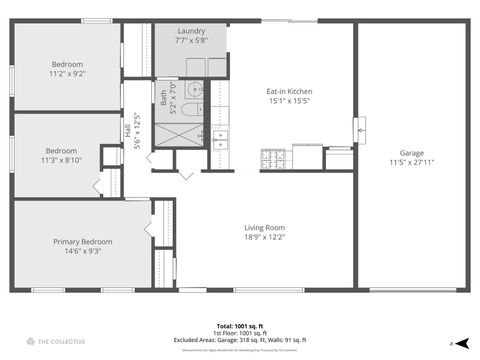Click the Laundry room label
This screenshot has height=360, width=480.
tap(191, 31)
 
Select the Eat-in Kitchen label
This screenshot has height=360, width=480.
tap(290, 91)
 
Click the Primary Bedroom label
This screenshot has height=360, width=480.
tap(83, 241)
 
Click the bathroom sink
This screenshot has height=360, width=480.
tap(197, 88)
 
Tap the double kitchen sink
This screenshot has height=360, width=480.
tap(220, 139)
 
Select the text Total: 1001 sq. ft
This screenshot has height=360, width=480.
tap(239, 326)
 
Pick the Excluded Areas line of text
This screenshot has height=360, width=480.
tap(239, 340)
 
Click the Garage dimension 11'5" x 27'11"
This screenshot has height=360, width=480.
tap(417, 161)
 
